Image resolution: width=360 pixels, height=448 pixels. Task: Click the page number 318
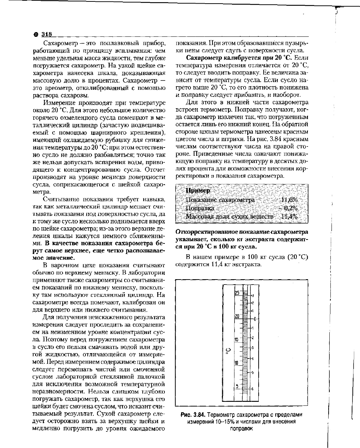click(46, 35)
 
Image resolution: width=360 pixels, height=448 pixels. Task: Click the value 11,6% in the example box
click(289, 200)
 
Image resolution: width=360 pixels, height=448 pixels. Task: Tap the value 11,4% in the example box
click(289, 216)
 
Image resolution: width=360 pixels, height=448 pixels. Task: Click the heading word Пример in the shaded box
click(198, 190)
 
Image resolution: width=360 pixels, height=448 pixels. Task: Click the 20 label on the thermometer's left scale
click(237, 316)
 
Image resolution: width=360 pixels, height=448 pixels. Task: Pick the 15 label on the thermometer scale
click(237, 339)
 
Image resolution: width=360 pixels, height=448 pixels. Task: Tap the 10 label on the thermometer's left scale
click(237, 363)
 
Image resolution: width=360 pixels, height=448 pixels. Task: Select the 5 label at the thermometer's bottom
click(237, 386)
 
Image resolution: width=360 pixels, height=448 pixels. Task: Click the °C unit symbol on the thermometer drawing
click(228, 351)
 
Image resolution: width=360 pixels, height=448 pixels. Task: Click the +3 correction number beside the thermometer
click(253, 295)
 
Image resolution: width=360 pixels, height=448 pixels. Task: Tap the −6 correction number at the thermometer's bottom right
click(252, 389)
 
